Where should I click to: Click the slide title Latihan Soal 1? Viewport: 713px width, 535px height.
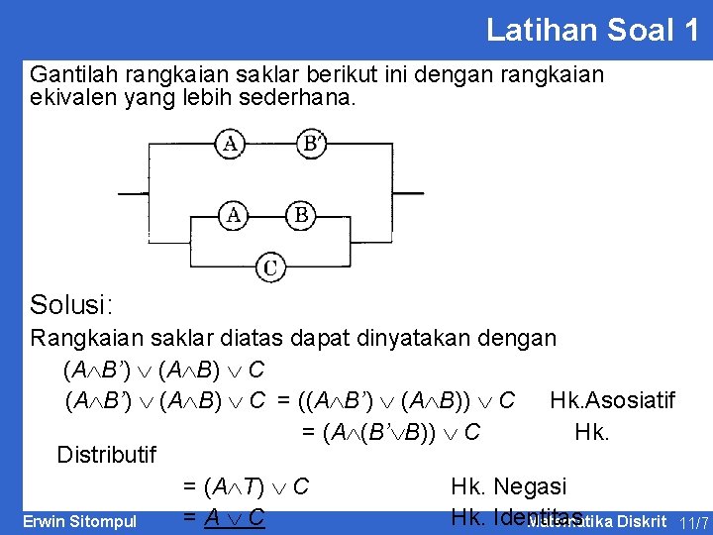pos(592,30)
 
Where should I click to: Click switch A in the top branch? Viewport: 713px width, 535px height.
pos(230,145)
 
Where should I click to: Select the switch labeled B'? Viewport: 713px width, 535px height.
pos(312,145)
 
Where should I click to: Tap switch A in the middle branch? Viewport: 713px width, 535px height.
pos(235,214)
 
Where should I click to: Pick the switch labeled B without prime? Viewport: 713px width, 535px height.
pos(301,214)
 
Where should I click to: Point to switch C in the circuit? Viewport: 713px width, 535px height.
pos(270,267)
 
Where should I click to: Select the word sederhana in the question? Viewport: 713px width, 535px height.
pos(301,100)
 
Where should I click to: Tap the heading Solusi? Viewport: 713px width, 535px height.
pos(70,304)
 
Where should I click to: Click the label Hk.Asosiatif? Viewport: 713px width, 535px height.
pos(612,400)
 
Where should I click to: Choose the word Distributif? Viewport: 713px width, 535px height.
pos(107,455)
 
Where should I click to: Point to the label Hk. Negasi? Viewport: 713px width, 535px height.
pos(509,486)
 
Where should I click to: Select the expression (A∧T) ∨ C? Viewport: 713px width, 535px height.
pos(247,486)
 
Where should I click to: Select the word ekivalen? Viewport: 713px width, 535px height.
pos(72,100)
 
